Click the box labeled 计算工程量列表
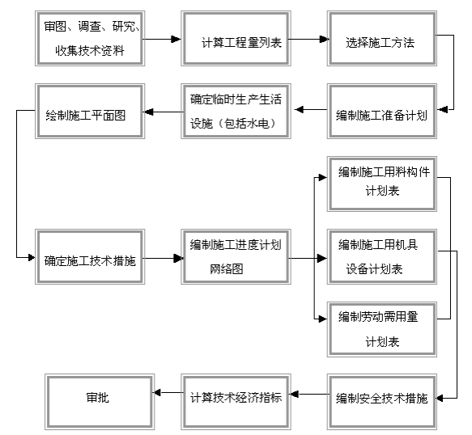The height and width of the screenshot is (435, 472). (x=236, y=39)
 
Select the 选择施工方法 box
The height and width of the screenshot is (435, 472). (x=382, y=39)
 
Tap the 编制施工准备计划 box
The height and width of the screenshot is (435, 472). (x=382, y=112)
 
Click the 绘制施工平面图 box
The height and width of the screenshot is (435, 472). (x=90, y=112)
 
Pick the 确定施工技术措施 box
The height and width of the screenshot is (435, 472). (x=90, y=257)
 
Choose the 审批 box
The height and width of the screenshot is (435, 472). (x=100, y=402)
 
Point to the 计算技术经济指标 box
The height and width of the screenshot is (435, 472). (x=236, y=402)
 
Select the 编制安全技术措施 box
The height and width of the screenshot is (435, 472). (x=382, y=402)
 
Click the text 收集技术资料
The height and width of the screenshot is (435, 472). (x=90, y=50)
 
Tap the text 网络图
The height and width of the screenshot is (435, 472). (x=227, y=268)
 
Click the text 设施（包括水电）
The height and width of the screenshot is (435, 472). (x=233, y=123)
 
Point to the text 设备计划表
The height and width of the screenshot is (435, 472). (x=374, y=268)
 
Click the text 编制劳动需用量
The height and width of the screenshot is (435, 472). (x=378, y=317)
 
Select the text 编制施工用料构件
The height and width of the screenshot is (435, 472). (x=384, y=172)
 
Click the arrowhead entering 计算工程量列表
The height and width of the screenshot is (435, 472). (x=176, y=39)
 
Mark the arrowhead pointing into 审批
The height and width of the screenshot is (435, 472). (x=157, y=393)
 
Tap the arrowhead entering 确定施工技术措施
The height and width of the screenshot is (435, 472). (x=32, y=258)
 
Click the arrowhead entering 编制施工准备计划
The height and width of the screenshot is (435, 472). (x=442, y=110)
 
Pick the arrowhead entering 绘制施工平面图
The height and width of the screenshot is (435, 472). (x=149, y=112)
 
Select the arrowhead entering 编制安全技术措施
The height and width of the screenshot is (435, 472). (x=440, y=399)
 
